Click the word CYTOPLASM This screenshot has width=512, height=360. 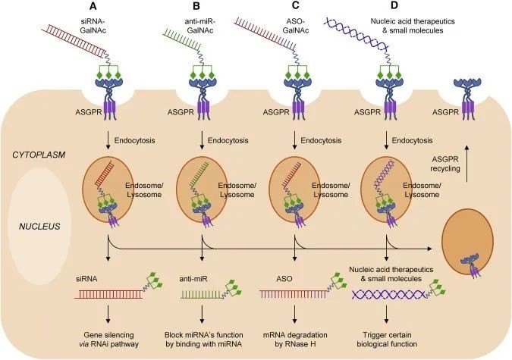[37, 154]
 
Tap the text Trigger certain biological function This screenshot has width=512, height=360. [389, 339]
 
